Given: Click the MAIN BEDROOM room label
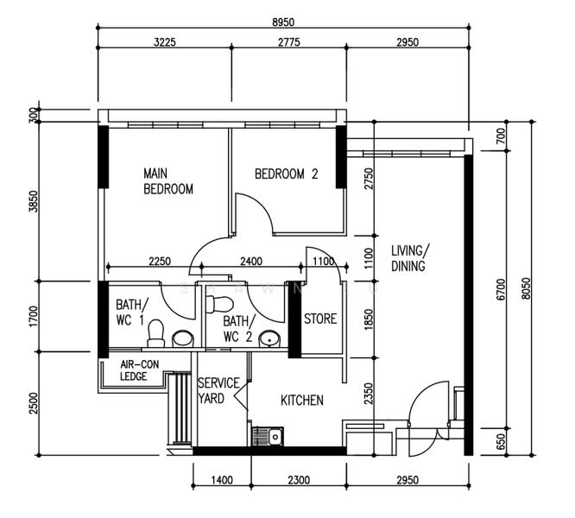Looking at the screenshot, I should click(167, 181).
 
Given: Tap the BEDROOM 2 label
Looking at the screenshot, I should click(287, 174).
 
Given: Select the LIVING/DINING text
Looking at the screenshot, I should click(410, 258).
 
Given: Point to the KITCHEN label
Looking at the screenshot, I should click(302, 401).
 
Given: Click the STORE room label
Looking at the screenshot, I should click(320, 319).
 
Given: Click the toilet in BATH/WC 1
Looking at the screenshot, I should click(156, 332).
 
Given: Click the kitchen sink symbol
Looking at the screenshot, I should click(269, 437).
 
